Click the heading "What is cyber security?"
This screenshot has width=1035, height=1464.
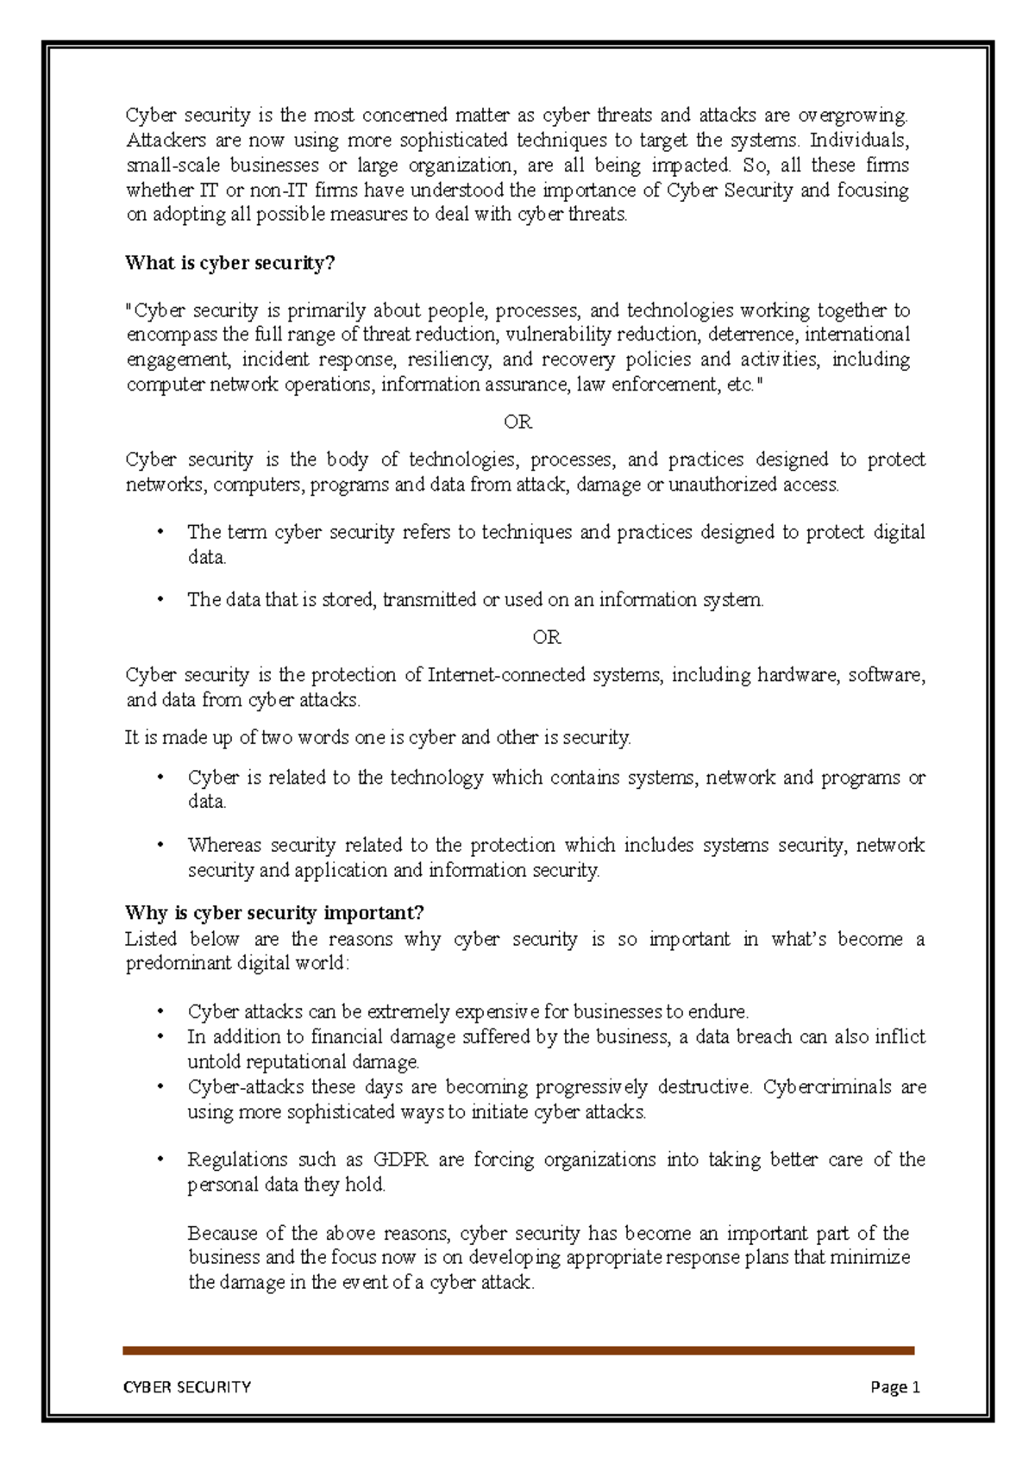coord(229,263)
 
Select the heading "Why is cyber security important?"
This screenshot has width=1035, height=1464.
coord(274,913)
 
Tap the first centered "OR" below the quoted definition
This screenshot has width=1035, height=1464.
coord(517,422)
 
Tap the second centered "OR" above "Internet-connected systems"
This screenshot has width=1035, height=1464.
coord(547,637)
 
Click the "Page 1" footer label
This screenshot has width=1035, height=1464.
coord(895,1386)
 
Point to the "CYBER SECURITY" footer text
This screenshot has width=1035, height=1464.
coord(187,1386)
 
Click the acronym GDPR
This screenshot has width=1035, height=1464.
coord(400,1160)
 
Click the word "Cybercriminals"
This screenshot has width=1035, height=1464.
coord(827,1086)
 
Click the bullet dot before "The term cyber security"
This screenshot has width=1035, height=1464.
coord(160,532)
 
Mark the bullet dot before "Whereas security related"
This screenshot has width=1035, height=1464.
coord(160,845)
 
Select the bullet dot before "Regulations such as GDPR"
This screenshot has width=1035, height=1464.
coord(160,1160)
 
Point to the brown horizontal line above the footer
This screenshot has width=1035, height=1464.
coord(517,1350)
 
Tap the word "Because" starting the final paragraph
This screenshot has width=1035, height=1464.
coord(223,1233)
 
